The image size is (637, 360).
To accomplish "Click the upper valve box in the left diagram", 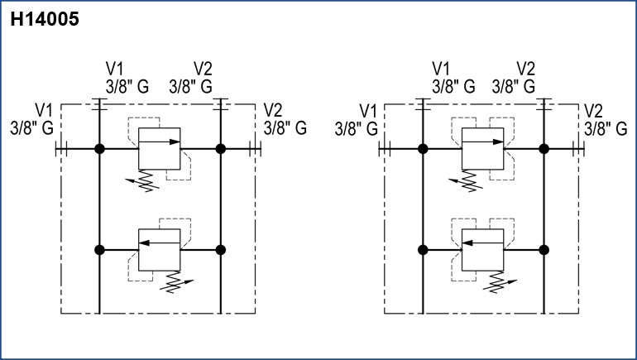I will point(160,148).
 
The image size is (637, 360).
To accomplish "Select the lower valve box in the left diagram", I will point(160,249).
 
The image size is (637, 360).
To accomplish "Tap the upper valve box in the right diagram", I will point(483,148).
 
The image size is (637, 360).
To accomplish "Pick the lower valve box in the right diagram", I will point(483,249).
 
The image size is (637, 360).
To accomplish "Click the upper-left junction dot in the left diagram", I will point(99,149).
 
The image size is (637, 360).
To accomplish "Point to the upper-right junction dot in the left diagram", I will point(221,149).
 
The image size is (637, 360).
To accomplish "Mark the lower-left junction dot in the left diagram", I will point(99,249).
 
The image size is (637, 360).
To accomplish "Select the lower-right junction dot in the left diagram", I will point(221,249).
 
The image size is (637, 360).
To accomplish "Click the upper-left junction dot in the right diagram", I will point(423,149).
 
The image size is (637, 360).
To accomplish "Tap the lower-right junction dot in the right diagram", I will point(544,249).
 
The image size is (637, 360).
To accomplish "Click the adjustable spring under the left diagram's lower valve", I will point(170,282).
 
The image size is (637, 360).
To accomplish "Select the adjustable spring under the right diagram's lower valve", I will point(494,282).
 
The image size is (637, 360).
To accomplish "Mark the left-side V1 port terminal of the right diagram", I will point(384,149).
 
